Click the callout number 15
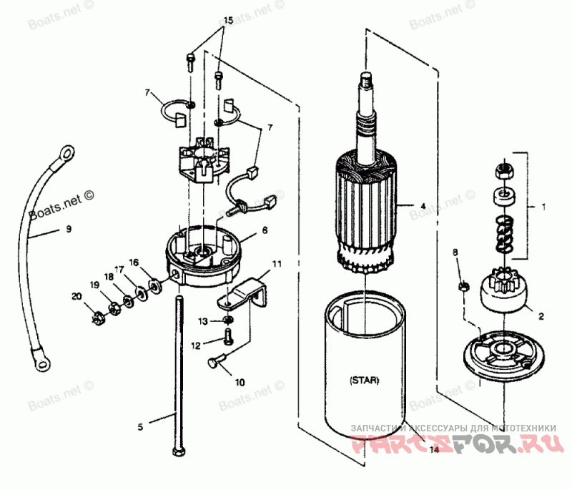pos(227,21)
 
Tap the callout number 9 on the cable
pos(69,230)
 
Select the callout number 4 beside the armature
pos(423,206)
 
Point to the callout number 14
pos(434,450)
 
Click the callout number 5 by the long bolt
pos(141,427)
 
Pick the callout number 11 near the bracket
pos(277,264)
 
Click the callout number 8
pos(455,252)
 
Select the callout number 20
pos(77,296)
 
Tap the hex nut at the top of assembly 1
pos(502,170)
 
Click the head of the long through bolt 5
pos(177,451)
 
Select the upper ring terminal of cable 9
pos(66,152)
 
